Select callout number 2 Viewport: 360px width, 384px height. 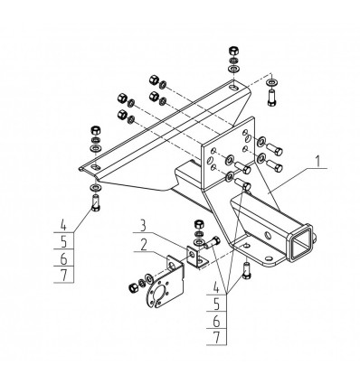click(144, 246)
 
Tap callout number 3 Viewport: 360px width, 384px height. click(143, 226)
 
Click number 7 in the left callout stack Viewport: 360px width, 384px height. click(64, 275)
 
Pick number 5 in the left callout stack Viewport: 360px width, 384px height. click(63, 241)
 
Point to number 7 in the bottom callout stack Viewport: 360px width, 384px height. click(217, 338)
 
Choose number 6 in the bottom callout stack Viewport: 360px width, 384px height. click(216, 322)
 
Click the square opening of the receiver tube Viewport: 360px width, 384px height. click(300, 242)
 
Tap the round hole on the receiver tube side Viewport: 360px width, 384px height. click(268, 234)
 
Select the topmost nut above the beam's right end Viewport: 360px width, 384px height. click(233, 51)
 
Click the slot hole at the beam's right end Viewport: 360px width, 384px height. click(234, 88)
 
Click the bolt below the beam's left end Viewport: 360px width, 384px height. click(96, 202)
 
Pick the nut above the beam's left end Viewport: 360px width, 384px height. click(96, 130)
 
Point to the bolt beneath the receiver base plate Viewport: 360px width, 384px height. click(247, 270)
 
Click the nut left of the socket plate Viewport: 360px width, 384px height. click(133, 288)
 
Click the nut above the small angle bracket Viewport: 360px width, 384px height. click(198, 225)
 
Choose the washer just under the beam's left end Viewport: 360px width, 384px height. click(96, 188)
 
